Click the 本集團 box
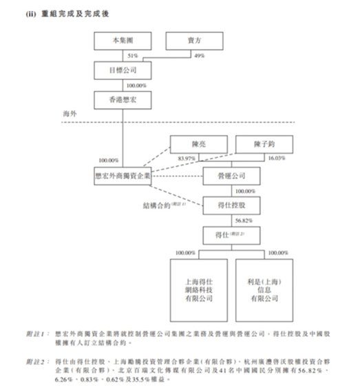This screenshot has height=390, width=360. (x=123, y=43)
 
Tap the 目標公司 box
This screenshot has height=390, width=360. (x=123, y=70)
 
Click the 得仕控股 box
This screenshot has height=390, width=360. (x=233, y=205)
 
